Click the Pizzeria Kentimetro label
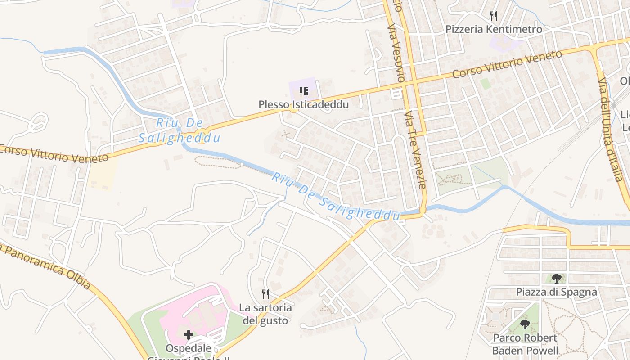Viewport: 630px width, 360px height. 494,30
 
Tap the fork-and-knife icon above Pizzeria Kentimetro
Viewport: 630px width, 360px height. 494,17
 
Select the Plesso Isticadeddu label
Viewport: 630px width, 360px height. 303,105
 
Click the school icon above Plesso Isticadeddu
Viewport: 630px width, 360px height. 304,92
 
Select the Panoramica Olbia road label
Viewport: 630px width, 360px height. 45,266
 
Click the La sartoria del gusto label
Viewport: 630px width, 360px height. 265,314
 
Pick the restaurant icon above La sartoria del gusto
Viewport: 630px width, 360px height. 265,294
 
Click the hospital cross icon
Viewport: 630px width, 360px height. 189,334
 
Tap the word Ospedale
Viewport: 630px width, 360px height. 189,348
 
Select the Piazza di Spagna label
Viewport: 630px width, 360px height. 556,292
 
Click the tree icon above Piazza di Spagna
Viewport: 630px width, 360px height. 557,279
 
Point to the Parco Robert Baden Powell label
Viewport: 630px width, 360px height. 525,344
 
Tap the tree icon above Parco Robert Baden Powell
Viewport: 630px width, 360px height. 525,324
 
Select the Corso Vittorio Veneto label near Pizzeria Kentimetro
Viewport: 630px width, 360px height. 507,64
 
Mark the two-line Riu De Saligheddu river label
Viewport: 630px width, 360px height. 180,130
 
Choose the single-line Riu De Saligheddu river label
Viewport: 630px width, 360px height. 335,196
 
